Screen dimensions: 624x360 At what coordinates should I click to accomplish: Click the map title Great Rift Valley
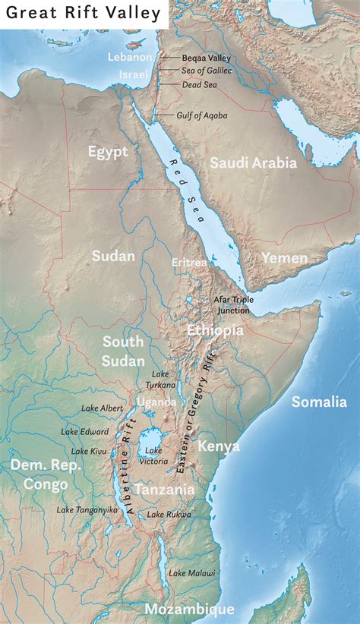coord(84,13)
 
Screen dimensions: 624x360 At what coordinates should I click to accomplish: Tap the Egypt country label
coord(107,152)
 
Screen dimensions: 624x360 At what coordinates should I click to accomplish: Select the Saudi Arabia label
coord(253,162)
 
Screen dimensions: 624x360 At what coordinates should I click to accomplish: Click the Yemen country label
coord(284,258)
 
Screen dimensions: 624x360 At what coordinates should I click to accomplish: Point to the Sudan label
coord(113,256)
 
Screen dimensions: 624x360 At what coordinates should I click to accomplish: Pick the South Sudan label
coord(123,350)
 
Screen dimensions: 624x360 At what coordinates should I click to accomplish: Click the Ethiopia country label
coord(215,330)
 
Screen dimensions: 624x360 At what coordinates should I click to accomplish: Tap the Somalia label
coord(320,402)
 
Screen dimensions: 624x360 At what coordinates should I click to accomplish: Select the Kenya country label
coord(219,446)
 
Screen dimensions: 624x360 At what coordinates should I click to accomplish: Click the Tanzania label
coord(164,490)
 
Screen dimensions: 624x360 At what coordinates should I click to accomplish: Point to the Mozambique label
coord(189,610)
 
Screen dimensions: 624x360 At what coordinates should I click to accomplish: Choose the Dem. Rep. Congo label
coord(45,473)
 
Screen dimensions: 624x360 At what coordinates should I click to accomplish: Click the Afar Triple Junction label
coord(233,305)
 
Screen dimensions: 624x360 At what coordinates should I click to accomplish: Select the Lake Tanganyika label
coord(87,510)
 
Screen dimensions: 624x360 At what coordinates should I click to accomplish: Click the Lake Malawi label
coord(192,573)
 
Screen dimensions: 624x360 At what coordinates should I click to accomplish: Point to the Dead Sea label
coord(199,85)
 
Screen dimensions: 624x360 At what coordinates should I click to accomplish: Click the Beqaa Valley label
coord(206,57)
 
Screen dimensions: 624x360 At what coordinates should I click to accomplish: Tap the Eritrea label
coord(189,262)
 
